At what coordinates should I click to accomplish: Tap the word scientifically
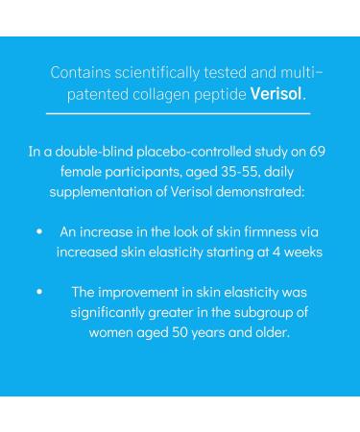point(160,73)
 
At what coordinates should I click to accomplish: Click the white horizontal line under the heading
point(180,113)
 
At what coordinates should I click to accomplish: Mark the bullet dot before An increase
point(38,232)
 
